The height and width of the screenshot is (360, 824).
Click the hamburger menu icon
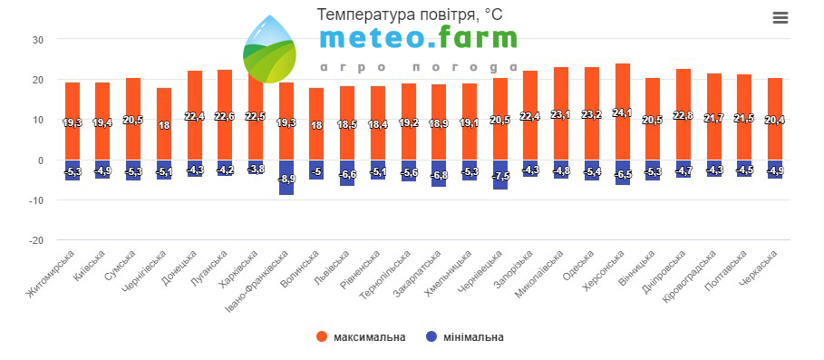click(780, 18)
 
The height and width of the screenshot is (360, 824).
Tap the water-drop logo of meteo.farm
click(269, 49)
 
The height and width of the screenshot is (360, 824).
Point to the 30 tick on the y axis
click(37, 39)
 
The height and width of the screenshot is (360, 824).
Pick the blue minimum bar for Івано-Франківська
click(286, 178)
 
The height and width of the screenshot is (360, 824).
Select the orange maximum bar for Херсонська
click(622, 112)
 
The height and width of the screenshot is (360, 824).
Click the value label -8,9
click(286, 179)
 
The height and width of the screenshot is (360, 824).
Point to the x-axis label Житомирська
click(51, 275)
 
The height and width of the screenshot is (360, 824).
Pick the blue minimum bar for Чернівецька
click(500, 175)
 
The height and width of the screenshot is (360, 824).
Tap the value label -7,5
click(500, 176)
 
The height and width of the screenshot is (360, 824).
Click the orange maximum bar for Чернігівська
click(164, 124)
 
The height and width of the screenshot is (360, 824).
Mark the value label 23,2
click(592, 114)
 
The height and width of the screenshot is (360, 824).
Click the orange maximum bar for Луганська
click(225, 115)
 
